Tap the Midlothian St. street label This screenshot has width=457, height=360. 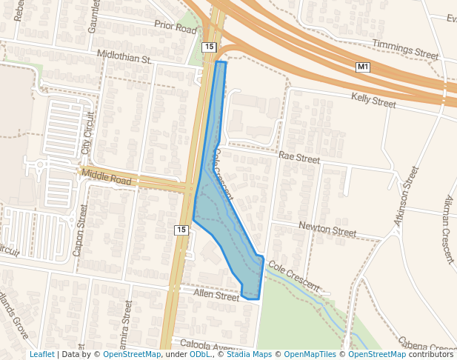click(124, 56)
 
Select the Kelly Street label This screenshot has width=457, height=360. click(374, 100)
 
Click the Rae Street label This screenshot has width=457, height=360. click(298, 159)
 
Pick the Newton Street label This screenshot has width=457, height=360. click(327, 228)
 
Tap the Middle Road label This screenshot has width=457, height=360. click(107, 178)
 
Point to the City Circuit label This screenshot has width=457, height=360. click(89, 133)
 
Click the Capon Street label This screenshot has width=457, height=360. click(80, 230)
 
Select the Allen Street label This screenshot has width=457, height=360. click(216, 296)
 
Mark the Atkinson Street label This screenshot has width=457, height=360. click(406, 196)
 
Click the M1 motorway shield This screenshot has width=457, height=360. click(363, 67)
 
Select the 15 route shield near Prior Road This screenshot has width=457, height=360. click(209, 47)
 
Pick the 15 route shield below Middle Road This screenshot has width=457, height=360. click(181, 230)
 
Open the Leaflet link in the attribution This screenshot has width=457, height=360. click(41, 355)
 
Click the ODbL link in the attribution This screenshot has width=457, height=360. click(200, 355)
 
